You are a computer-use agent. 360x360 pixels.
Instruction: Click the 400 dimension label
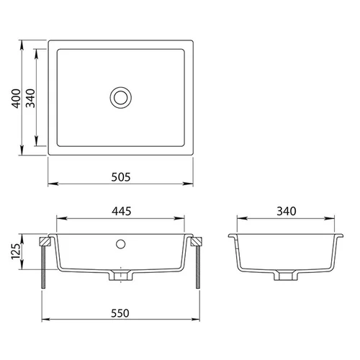(17, 99)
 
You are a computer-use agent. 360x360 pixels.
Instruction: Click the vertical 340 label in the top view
(30, 99)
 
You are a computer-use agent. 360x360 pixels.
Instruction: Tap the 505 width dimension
(121, 177)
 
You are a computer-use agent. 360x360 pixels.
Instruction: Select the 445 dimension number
(122, 211)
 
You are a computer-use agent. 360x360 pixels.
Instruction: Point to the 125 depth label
(16, 251)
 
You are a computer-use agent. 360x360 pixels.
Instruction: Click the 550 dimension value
(120, 313)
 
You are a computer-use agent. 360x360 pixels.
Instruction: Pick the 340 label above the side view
(287, 211)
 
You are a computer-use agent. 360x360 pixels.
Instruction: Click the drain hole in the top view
(121, 98)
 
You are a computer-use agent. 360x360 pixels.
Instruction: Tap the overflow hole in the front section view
(120, 244)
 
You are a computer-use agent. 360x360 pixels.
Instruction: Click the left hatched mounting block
(45, 241)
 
